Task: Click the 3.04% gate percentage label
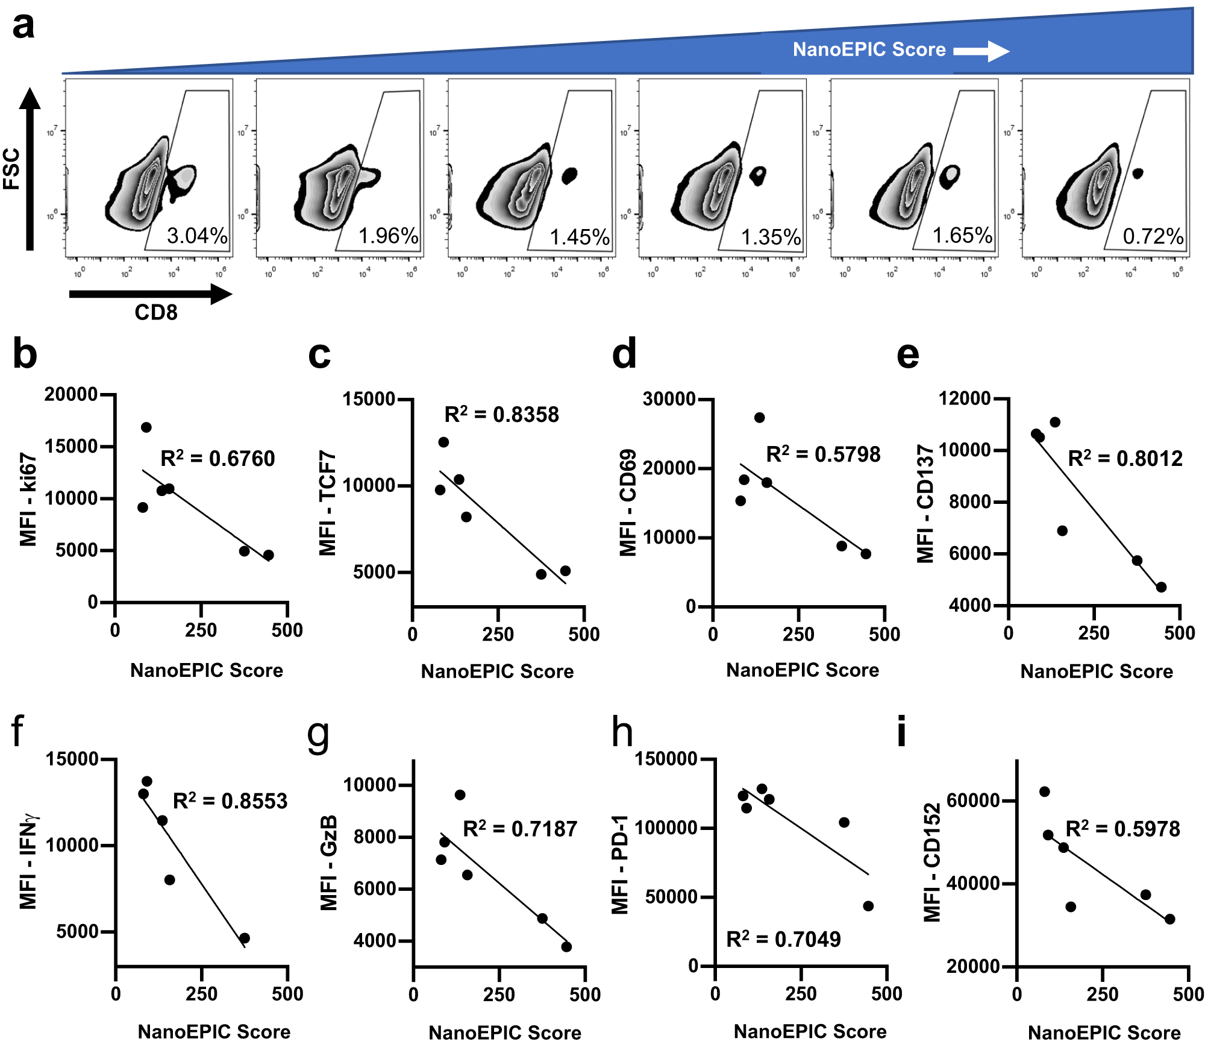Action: click(197, 236)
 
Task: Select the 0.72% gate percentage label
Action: click(1153, 236)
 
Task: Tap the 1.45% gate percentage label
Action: click(580, 237)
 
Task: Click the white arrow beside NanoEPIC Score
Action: click(981, 51)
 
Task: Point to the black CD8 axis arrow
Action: click(151, 294)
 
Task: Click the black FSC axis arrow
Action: click(30, 169)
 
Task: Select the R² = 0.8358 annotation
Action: click(501, 415)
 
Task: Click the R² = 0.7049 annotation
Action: click(783, 939)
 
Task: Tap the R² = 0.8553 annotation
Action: click(230, 801)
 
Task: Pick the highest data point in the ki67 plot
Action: click(146, 427)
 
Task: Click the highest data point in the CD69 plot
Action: click(759, 418)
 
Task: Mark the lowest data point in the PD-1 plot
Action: click(868, 906)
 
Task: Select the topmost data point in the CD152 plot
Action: click(1045, 791)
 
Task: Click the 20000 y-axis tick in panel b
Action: click(70, 395)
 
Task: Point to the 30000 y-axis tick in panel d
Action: click(669, 399)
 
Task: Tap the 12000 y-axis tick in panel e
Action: click(965, 398)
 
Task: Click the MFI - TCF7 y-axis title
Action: click(327, 503)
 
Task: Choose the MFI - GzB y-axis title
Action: click(328, 863)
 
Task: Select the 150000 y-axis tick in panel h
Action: click(666, 759)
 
